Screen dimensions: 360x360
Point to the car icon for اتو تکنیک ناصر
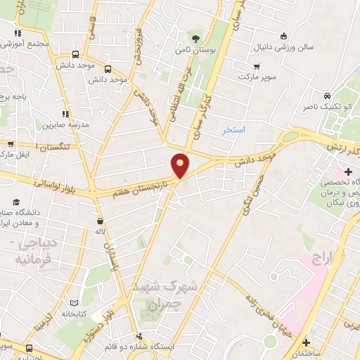(327, 96)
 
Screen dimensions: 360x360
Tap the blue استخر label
(234, 131)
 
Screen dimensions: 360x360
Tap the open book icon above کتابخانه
(72, 303)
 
